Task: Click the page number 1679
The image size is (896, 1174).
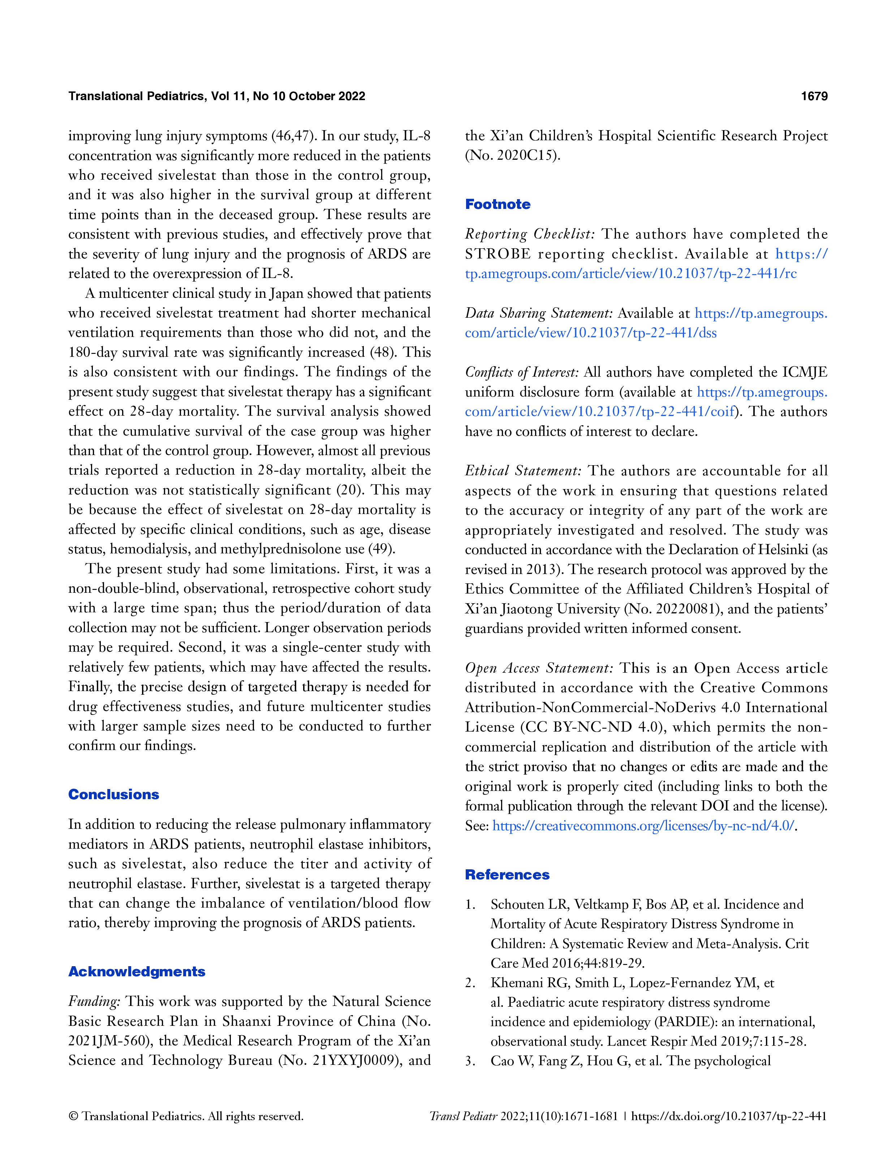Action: point(814,96)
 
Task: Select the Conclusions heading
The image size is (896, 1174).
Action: point(113,794)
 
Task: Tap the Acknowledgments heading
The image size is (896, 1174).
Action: point(137,971)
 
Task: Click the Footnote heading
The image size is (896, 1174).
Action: point(497,204)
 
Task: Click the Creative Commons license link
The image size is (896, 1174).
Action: point(643,826)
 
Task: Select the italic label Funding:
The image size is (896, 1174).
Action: point(94,1001)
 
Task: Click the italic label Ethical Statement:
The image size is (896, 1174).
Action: point(523,471)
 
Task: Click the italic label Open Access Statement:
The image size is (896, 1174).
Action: point(539,668)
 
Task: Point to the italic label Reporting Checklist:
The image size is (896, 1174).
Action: point(530,234)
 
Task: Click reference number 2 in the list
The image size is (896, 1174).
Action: point(470,982)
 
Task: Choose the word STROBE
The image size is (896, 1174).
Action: point(497,254)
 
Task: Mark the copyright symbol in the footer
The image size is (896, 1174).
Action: point(74,1117)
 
